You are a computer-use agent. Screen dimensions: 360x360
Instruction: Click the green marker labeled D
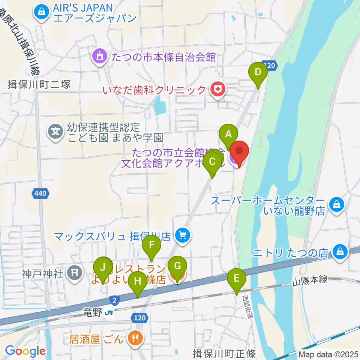258,72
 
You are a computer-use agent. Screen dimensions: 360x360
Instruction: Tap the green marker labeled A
229,133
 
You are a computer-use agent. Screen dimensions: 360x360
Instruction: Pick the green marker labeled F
151,246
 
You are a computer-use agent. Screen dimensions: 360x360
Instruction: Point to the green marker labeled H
138,281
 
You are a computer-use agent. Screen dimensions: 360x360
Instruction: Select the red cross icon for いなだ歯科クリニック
216,90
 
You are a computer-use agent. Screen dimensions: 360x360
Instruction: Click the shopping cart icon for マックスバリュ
183,236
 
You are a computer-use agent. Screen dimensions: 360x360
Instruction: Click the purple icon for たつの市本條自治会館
99,57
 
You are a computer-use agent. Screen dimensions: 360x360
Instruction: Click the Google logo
25,351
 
